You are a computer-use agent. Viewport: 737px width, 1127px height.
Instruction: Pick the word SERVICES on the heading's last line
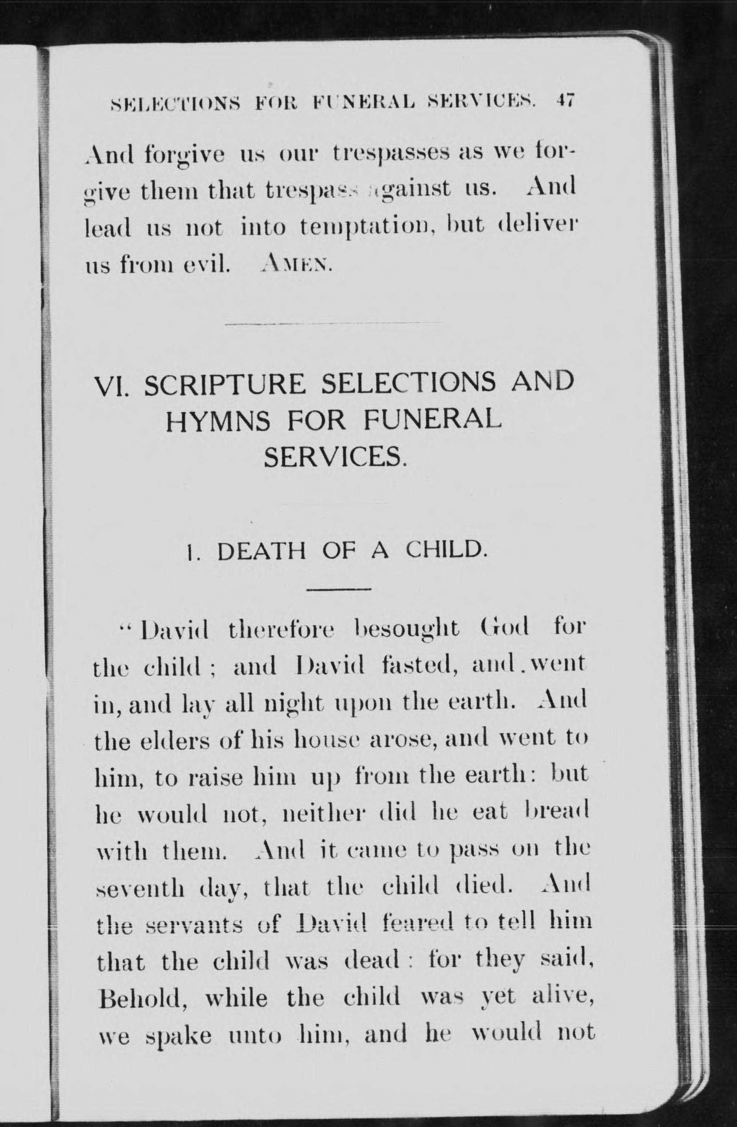[x=335, y=457]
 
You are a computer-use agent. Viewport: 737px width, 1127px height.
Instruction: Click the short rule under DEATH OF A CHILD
[x=339, y=589]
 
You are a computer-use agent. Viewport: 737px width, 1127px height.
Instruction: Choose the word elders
[x=176, y=740]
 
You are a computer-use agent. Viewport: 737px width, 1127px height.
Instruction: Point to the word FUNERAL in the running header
[x=363, y=101]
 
